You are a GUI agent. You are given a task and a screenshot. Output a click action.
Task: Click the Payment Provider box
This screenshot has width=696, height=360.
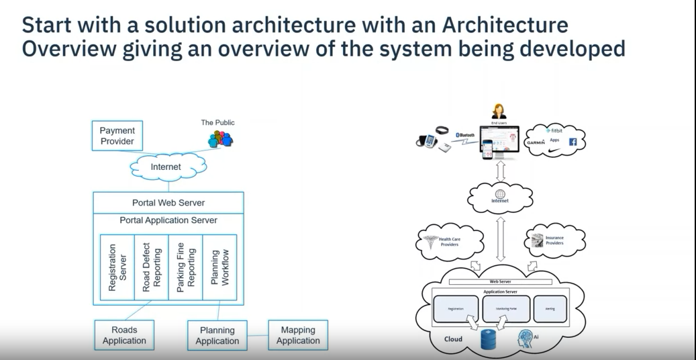click(117, 136)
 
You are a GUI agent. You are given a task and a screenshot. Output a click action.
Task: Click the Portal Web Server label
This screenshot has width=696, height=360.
click(168, 203)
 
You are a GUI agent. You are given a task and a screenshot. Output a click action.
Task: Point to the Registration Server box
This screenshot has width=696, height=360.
click(117, 266)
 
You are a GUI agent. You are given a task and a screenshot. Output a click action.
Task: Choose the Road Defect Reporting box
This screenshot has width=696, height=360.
click(151, 266)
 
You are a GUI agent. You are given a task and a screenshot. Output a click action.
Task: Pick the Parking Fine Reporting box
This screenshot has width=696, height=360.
click(185, 266)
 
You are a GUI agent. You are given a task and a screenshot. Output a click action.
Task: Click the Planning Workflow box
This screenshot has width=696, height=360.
click(219, 266)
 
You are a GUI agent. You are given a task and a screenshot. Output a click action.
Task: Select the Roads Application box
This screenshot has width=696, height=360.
click(124, 335)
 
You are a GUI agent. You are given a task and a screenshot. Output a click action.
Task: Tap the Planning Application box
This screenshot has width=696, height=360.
click(217, 335)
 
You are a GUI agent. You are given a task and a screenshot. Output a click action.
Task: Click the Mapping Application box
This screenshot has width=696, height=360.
click(298, 335)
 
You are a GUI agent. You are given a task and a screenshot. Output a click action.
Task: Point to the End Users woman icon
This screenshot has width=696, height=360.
click(499, 111)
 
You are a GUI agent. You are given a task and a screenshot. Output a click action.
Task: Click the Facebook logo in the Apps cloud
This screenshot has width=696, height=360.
click(573, 142)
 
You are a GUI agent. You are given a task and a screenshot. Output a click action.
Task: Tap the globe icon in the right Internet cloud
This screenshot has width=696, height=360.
click(499, 193)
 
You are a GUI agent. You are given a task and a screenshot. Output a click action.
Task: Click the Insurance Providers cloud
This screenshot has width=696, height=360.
click(553, 240)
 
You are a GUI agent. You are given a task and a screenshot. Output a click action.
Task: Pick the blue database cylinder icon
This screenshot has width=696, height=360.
click(488, 340)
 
